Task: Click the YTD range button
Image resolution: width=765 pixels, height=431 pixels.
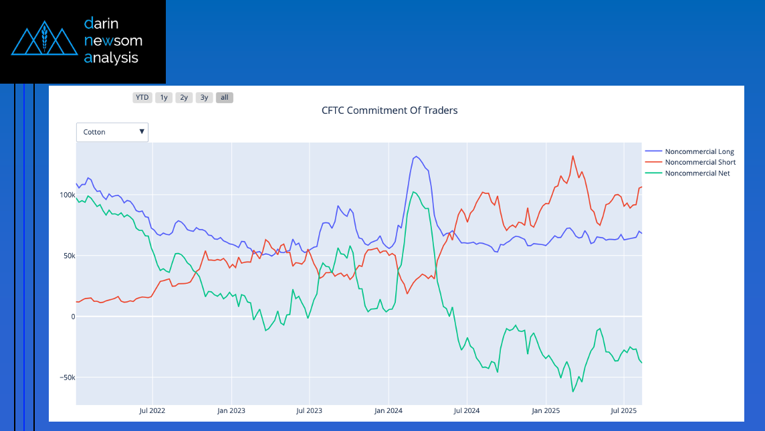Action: [x=142, y=98]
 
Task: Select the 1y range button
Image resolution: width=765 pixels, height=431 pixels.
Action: [x=164, y=98]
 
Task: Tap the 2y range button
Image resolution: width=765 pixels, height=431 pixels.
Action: [x=184, y=98]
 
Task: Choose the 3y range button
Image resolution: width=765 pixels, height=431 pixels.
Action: [x=204, y=98]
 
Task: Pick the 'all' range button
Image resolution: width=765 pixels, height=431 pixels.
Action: [x=225, y=98]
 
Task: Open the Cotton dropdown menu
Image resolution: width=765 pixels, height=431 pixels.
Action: [x=112, y=132]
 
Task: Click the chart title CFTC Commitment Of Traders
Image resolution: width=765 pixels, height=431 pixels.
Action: [x=390, y=110]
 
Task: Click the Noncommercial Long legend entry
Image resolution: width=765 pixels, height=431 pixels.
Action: [x=699, y=152]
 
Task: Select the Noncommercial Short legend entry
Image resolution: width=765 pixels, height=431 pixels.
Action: [x=700, y=163]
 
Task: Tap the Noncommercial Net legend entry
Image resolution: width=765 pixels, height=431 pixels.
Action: [x=697, y=173]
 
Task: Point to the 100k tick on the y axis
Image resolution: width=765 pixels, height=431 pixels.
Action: [x=66, y=195]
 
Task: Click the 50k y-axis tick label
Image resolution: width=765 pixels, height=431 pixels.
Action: [x=68, y=256]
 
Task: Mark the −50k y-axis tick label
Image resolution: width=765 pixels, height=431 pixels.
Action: [x=65, y=377]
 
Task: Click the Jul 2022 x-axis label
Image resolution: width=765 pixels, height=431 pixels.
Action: [x=152, y=410]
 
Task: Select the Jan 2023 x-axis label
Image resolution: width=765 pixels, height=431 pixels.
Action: [x=231, y=410]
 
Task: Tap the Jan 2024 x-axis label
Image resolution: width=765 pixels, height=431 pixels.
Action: [x=388, y=410]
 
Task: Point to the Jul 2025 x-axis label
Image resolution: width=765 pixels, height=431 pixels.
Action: [x=623, y=410]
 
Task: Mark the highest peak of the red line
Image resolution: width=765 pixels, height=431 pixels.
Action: [x=573, y=156]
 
